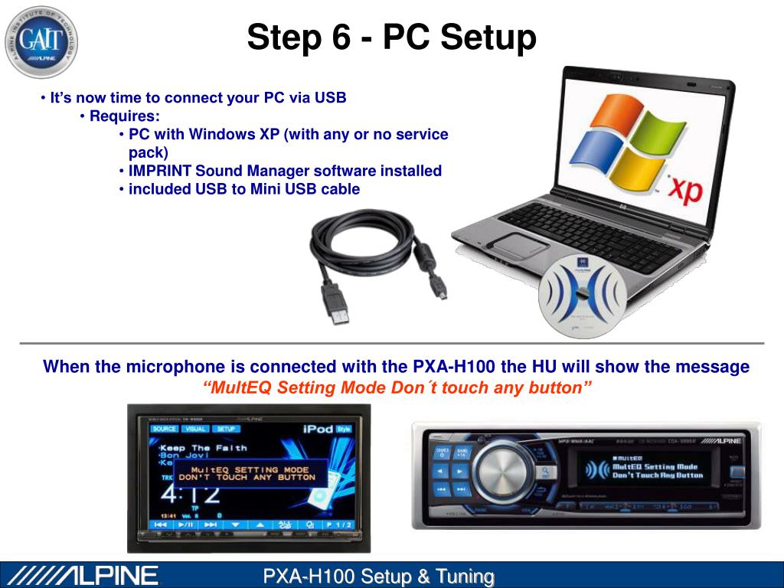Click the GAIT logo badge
[41, 41]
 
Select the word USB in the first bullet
[330, 98]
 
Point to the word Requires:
[125, 116]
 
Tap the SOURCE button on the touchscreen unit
[165, 429]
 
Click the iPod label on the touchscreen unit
[318, 429]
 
